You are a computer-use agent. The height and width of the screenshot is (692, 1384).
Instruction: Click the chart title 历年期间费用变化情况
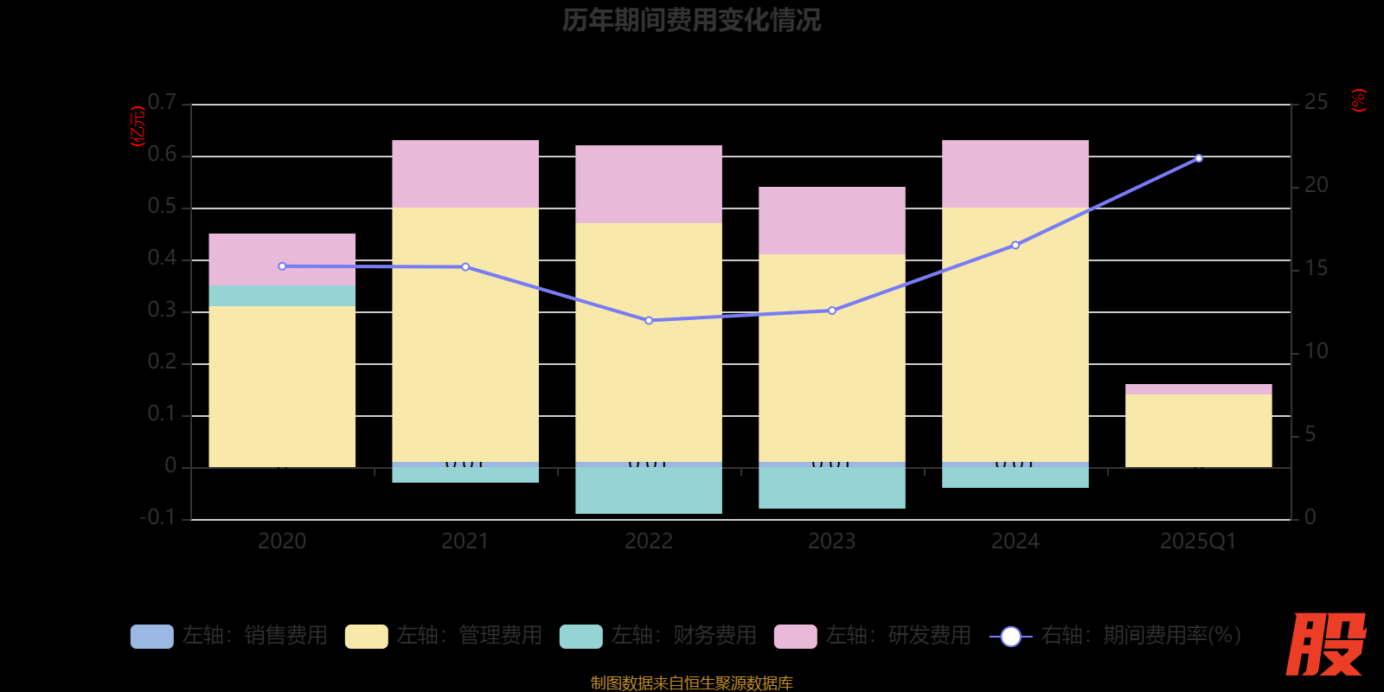[x=691, y=20]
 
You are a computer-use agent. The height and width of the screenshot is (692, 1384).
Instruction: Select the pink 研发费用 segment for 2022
[x=649, y=184]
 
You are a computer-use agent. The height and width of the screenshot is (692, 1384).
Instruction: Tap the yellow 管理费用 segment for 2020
[x=282, y=387]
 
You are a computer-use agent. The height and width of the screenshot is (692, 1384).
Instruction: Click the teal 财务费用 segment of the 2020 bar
[x=282, y=296]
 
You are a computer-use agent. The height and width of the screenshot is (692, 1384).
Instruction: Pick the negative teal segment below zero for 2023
[x=832, y=488]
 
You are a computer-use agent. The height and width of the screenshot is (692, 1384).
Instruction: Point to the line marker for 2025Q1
[x=1198, y=158]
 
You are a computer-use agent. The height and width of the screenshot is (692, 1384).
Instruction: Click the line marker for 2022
[x=649, y=321]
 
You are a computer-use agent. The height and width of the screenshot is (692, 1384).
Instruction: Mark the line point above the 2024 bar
[x=1016, y=245]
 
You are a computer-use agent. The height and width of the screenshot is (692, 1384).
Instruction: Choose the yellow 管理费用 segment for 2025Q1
[x=1198, y=431]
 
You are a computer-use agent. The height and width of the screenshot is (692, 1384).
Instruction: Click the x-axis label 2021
[x=465, y=541]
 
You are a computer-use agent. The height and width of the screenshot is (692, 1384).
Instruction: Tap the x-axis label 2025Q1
[x=1198, y=541]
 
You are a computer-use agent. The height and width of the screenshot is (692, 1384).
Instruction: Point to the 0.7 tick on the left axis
[x=162, y=103]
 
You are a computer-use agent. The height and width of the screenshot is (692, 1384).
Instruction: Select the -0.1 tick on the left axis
[x=157, y=517]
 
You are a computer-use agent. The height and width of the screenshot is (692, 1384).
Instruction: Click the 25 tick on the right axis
[x=1316, y=103]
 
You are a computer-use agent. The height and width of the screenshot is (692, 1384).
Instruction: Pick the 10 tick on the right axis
[x=1316, y=351]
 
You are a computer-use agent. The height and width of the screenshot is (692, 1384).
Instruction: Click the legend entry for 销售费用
[x=229, y=636]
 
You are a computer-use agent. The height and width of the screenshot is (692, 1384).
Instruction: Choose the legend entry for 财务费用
[x=658, y=636]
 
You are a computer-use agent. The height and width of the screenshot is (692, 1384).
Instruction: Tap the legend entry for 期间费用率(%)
[x=1116, y=636]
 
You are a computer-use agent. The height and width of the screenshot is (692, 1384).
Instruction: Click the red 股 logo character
[x=1325, y=644]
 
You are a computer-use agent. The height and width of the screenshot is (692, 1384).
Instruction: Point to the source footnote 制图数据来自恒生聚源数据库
[x=691, y=683]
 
